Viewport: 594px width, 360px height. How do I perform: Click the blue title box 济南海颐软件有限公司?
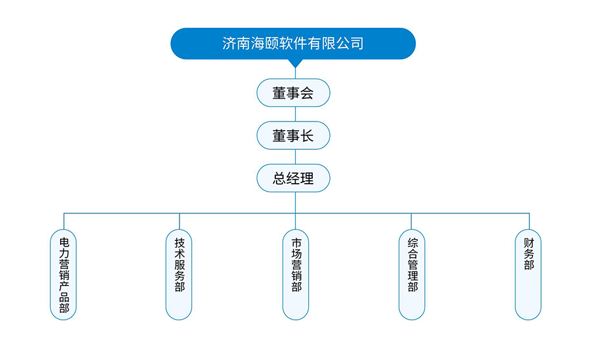pos(293,44)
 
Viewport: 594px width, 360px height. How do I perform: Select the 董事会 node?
pos(293,92)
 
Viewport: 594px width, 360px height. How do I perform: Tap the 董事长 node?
pos(293,135)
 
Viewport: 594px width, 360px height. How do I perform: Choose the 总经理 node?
pos(293,178)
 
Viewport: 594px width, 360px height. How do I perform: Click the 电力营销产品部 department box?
pos(64,274)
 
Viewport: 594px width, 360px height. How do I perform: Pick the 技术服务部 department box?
pos(179,274)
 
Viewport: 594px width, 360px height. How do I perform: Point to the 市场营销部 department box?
pos(296,274)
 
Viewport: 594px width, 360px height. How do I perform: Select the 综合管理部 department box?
pos(412,274)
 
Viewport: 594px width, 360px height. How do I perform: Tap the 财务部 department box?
pos(528,274)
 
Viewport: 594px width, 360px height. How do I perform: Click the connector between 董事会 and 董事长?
pos(295,114)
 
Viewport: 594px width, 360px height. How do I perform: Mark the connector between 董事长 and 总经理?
pos(295,157)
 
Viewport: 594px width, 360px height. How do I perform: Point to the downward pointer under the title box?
pos(295,63)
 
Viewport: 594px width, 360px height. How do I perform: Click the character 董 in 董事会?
pos(279,92)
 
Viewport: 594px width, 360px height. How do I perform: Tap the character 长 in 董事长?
pos(307,135)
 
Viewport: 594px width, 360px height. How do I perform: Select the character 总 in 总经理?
pos(279,178)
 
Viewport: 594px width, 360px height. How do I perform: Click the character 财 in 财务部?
pos(528,241)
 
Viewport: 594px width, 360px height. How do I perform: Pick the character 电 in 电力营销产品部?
pos(64,241)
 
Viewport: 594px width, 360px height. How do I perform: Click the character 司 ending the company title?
pos(357,44)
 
